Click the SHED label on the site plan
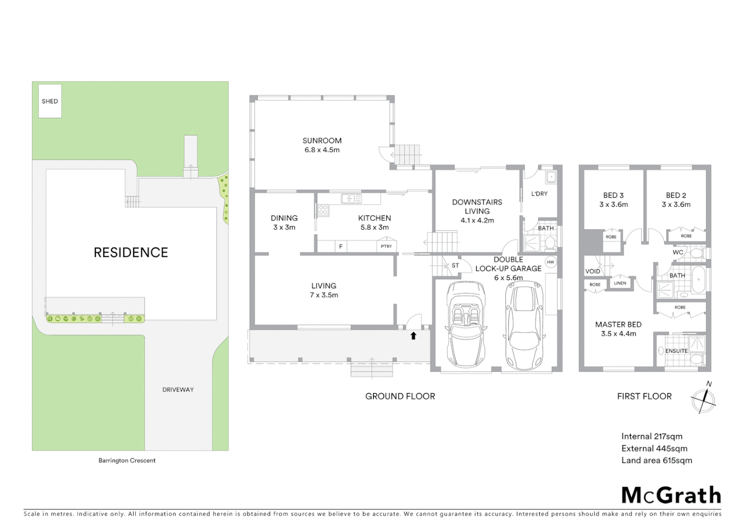(x=50, y=101)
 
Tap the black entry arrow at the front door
(x=413, y=336)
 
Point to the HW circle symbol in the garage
(x=550, y=262)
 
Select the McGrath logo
(x=671, y=495)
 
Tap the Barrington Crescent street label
(x=127, y=461)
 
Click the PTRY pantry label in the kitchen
(x=386, y=246)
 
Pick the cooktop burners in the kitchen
(x=323, y=210)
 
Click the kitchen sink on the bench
(x=351, y=198)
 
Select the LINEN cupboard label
(x=620, y=283)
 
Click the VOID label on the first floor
(x=593, y=271)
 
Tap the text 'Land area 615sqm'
(x=657, y=461)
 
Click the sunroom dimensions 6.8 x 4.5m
(x=322, y=150)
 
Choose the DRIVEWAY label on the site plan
(x=178, y=390)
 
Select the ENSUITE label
(x=676, y=351)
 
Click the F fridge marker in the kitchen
(x=341, y=246)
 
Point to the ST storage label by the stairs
(x=455, y=265)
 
